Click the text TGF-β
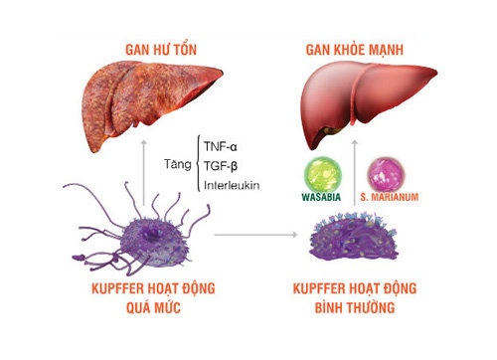224,165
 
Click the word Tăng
180,165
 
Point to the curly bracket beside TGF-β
201,165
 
